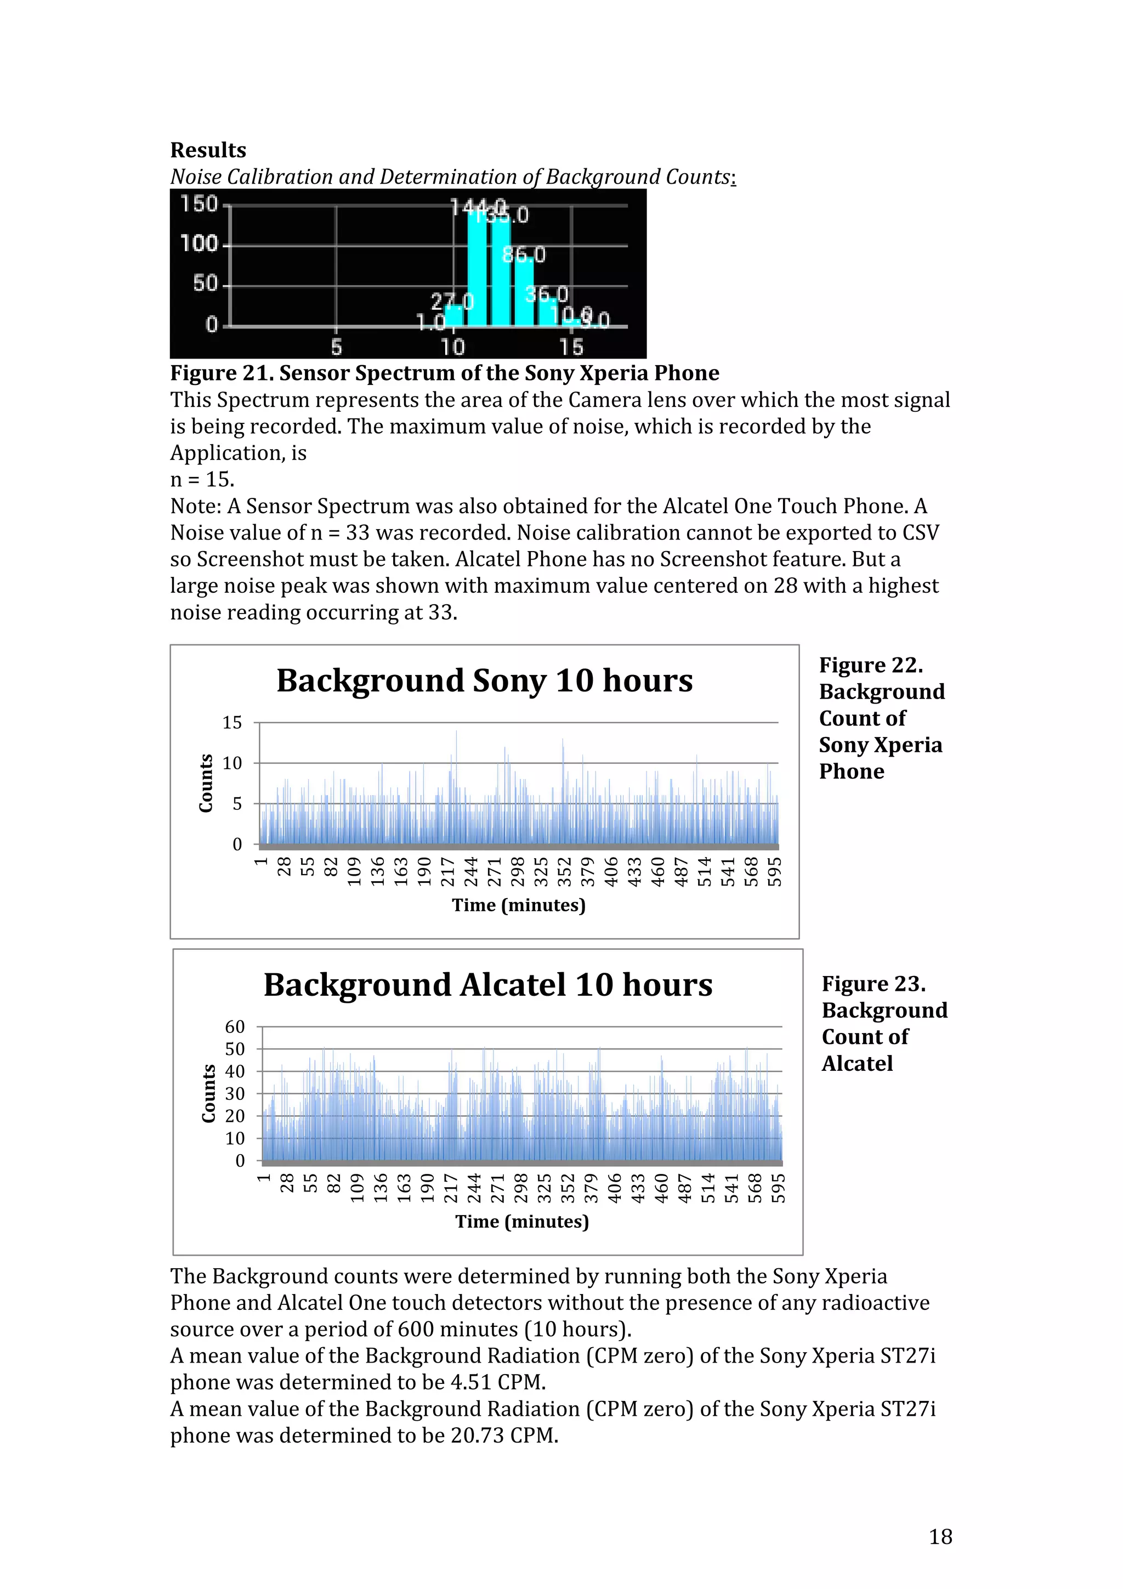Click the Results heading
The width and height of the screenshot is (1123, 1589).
(208, 150)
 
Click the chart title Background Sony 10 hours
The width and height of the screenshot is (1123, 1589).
(484, 680)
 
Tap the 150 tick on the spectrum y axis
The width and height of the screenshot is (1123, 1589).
(198, 204)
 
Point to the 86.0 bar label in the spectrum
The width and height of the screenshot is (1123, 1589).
(524, 256)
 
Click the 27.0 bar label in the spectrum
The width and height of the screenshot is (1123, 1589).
(452, 302)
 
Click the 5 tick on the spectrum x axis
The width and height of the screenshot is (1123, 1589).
(336, 347)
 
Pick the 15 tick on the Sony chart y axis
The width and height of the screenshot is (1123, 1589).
(232, 723)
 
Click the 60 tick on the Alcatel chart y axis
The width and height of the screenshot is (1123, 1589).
(235, 1026)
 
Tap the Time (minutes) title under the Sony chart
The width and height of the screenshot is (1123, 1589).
(518, 905)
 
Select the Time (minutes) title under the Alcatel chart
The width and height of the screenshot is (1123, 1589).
(521, 1222)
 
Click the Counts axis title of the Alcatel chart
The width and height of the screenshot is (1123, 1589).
(208, 1093)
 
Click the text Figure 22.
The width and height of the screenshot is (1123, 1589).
(870, 665)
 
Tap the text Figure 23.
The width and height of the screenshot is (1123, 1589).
(873, 984)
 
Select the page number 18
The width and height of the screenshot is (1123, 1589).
(940, 1536)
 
